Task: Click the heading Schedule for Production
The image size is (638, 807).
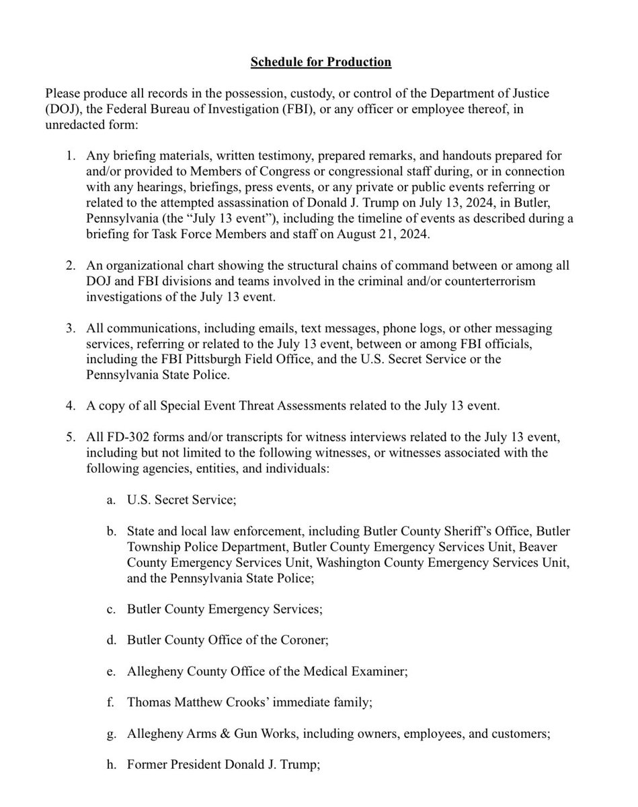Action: pyautogui.click(x=321, y=62)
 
